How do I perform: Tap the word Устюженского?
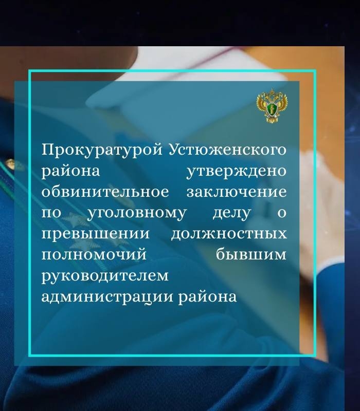point(227,150)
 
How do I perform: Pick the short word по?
point(51,213)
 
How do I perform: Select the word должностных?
point(228,234)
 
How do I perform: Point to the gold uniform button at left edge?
point(9,165)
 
